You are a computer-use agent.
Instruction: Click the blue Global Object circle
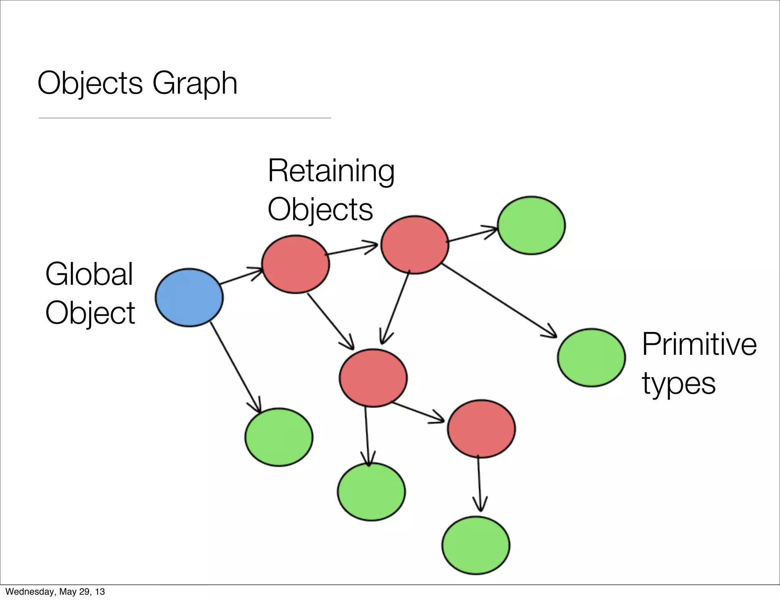[189, 297]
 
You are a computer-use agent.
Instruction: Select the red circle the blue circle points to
[296, 264]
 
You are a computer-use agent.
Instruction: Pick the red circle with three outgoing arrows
[415, 244]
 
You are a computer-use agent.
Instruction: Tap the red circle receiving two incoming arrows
[373, 378]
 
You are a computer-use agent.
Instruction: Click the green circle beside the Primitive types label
[591, 357]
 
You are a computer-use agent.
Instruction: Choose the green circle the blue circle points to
[279, 437]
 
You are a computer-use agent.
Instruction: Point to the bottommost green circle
[476, 545]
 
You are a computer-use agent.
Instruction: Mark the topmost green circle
[531, 225]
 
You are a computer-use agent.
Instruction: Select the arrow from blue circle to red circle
[241, 277]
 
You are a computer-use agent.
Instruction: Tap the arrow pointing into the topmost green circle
[472, 235]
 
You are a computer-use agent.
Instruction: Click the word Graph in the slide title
[195, 83]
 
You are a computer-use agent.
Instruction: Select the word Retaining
[331, 171]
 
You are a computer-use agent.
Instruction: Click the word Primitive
[699, 344]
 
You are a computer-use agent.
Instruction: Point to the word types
[679, 384]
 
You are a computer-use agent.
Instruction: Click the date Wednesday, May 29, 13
[55, 591]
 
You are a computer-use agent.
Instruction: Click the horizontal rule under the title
[185, 118]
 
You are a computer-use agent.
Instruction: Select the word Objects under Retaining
[320, 209]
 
